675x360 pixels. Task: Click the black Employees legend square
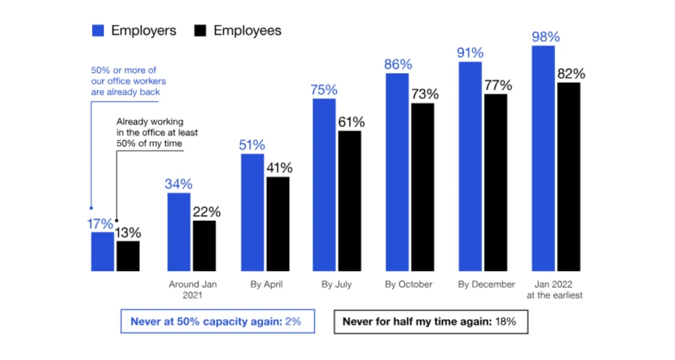200,31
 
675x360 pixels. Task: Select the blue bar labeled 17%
102,251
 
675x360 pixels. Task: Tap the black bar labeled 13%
128,256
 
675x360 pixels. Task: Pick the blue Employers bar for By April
252,212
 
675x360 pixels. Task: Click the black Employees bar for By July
349,200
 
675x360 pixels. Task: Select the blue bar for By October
397,172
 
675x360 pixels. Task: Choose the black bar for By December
496,182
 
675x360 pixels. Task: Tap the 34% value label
179,184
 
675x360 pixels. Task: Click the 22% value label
205,212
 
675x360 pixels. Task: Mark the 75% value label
324,90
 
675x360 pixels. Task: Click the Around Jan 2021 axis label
192,289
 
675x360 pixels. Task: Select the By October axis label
409,284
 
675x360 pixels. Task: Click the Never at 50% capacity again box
217,322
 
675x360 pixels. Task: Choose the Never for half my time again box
429,322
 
